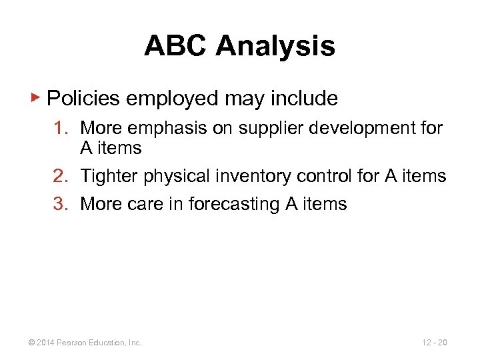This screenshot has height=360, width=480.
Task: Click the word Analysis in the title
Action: tap(275, 46)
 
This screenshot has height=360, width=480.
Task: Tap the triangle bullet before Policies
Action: tap(37, 98)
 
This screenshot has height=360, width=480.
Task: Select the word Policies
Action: tap(84, 99)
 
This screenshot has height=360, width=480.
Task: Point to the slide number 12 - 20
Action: tap(435, 343)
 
